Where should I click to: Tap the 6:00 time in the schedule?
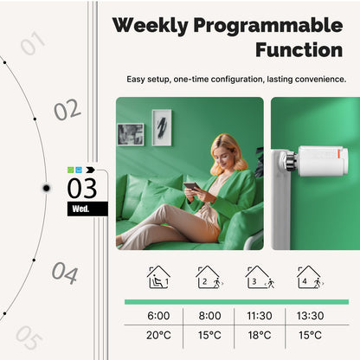coord(159,316)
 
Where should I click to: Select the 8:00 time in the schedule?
coord(210,316)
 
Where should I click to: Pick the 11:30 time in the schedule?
coord(260,316)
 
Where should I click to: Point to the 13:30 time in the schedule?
coord(310,316)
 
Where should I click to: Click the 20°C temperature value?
coord(159,335)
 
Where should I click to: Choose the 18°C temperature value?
coord(260,335)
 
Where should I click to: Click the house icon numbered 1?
coord(159,277)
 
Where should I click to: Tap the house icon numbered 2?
coord(209,277)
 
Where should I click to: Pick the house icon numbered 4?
coord(309,277)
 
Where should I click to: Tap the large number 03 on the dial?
coord(83,187)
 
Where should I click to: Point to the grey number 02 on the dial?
coord(67,111)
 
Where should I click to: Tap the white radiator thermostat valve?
coord(321,161)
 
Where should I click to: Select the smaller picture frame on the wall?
coord(131,134)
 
